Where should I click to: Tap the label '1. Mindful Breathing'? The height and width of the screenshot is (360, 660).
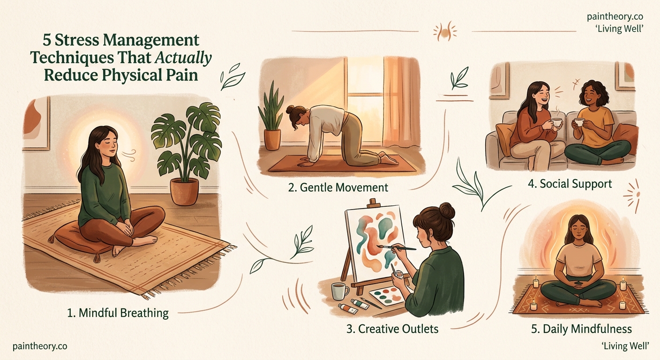pos(118,313)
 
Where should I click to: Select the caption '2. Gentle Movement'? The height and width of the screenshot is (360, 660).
pos(338,187)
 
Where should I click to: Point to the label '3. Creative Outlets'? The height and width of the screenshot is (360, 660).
pos(392,329)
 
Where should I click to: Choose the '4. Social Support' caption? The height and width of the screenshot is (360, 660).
pos(570,183)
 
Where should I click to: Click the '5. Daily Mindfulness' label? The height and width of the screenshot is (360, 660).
pos(581,329)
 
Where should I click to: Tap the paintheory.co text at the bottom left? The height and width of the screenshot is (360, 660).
pos(40,346)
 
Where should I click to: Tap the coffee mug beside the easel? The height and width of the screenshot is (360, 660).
pos(339,291)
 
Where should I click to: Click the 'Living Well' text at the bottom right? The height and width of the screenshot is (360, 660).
pos(625,346)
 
